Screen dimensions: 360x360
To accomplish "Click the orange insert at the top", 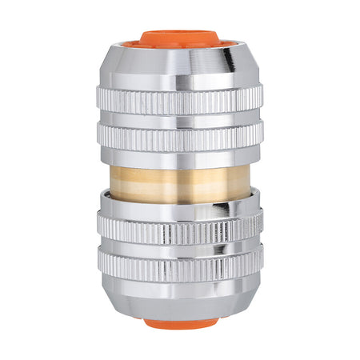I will tap(179, 38).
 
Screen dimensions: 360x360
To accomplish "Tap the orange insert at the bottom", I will tap(180, 324).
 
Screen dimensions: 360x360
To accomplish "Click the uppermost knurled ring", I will tap(180, 102).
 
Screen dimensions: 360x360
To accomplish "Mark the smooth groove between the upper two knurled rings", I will tap(180, 118).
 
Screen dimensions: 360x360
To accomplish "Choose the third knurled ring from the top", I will tap(180, 232).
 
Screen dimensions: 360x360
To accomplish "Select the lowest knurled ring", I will tap(180, 266).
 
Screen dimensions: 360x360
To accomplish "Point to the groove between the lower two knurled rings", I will tap(180, 249).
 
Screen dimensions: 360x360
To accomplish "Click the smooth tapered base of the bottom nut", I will tap(180, 300).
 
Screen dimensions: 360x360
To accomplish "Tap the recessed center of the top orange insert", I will tap(181, 41).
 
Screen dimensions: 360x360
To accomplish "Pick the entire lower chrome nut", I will tap(180, 256).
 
